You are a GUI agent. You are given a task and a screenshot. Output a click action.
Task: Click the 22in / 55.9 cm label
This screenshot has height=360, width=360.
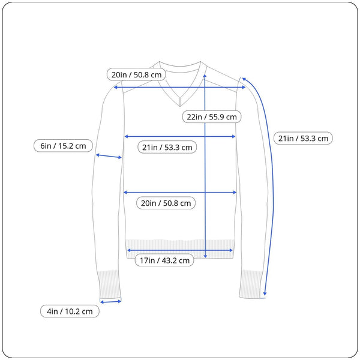(212, 116)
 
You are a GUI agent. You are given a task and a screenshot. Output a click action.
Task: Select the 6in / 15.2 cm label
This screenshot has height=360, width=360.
(63, 146)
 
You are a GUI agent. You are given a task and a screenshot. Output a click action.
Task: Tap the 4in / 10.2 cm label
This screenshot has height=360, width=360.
(70, 311)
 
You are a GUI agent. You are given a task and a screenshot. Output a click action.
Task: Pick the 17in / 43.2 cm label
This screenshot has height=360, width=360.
(164, 260)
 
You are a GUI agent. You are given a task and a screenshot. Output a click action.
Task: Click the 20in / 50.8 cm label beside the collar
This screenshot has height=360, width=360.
(136, 74)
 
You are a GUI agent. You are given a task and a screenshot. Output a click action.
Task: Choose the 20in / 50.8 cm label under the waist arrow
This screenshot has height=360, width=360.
(166, 203)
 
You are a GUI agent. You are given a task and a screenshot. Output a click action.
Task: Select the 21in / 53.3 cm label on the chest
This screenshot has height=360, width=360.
(167, 147)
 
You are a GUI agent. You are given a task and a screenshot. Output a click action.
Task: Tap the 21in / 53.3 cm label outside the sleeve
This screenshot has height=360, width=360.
(303, 138)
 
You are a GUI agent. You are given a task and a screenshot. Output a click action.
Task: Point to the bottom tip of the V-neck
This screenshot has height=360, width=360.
(180, 106)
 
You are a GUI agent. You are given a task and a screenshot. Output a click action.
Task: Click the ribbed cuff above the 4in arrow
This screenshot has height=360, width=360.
(109, 284)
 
